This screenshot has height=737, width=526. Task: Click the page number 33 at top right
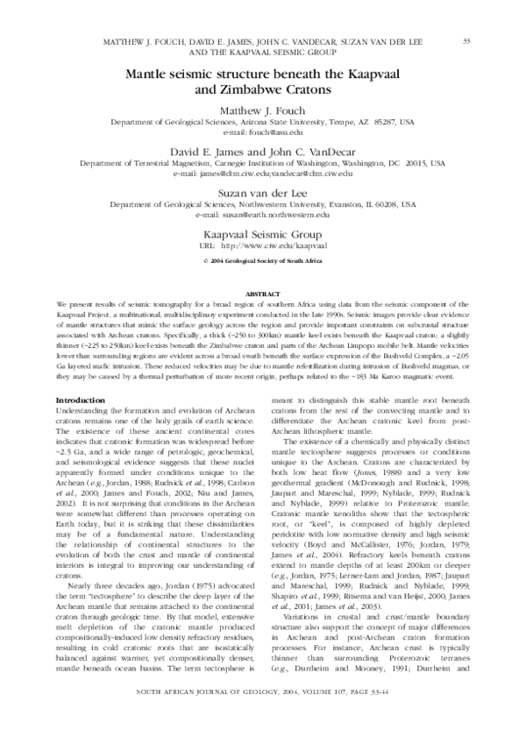(x=466, y=41)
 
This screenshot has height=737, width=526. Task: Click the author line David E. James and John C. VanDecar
(x=263, y=152)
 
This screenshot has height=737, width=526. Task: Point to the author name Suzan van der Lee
(x=263, y=192)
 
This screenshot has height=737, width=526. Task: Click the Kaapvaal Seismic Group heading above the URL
(x=263, y=233)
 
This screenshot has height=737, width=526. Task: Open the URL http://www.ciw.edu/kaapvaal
(x=275, y=247)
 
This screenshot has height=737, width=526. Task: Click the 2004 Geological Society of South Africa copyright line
(x=263, y=261)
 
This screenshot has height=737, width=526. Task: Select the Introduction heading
(x=80, y=400)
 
